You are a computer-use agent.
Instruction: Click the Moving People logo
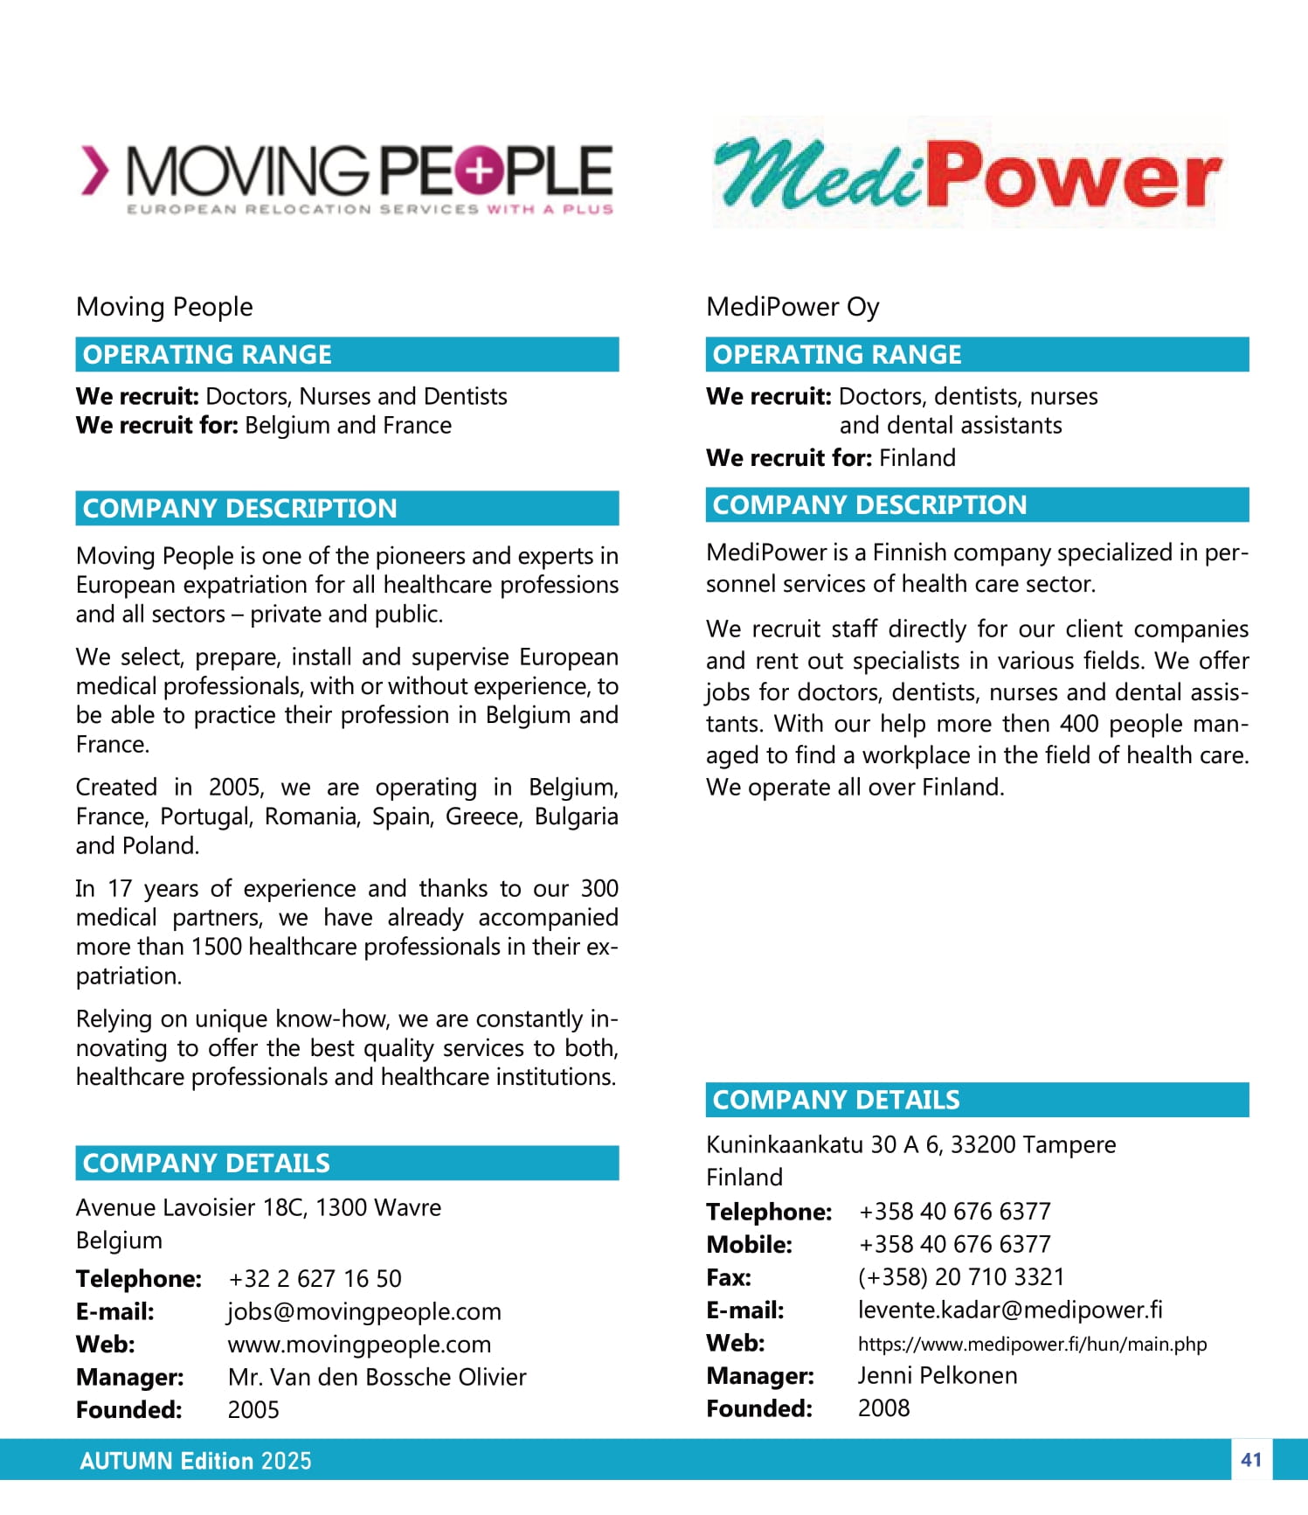(x=347, y=177)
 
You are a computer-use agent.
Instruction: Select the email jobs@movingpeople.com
(x=364, y=1311)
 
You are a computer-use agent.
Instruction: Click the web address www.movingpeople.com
(x=359, y=1345)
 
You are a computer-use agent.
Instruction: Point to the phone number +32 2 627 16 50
(x=315, y=1279)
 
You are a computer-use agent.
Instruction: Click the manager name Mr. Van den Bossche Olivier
(x=377, y=1377)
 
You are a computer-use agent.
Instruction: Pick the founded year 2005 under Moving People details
(x=253, y=1410)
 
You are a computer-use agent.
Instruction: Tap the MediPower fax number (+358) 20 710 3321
(x=961, y=1277)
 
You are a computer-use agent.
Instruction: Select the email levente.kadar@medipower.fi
(x=1010, y=1310)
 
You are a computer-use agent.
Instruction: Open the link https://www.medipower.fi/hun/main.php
(x=1032, y=1344)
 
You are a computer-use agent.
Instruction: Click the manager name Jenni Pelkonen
(x=938, y=1376)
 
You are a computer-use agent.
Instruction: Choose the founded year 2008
(x=883, y=1408)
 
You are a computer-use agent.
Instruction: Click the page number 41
(x=1251, y=1460)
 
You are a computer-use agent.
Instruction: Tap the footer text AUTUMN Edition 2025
(x=196, y=1461)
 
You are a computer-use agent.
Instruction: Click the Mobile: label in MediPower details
(x=749, y=1245)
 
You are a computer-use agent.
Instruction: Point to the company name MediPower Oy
(x=792, y=307)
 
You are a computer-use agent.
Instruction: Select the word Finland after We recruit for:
(x=917, y=458)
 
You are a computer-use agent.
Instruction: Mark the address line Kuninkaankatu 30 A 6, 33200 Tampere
(x=910, y=1145)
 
